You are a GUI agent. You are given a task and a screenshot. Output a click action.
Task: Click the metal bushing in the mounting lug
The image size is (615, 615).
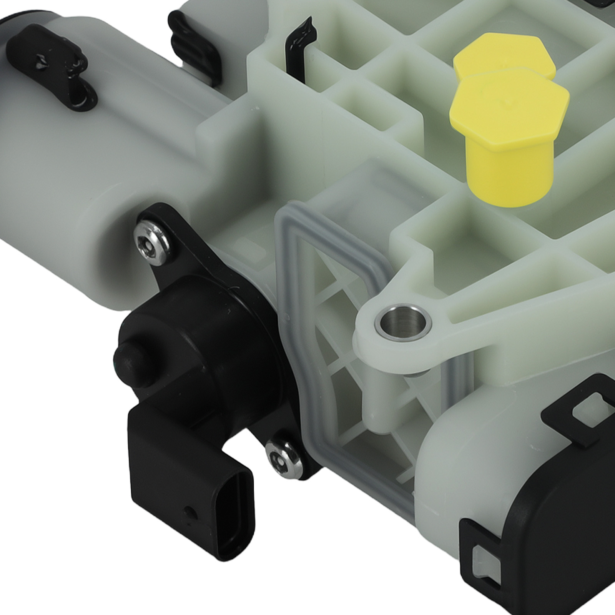point(403,322)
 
